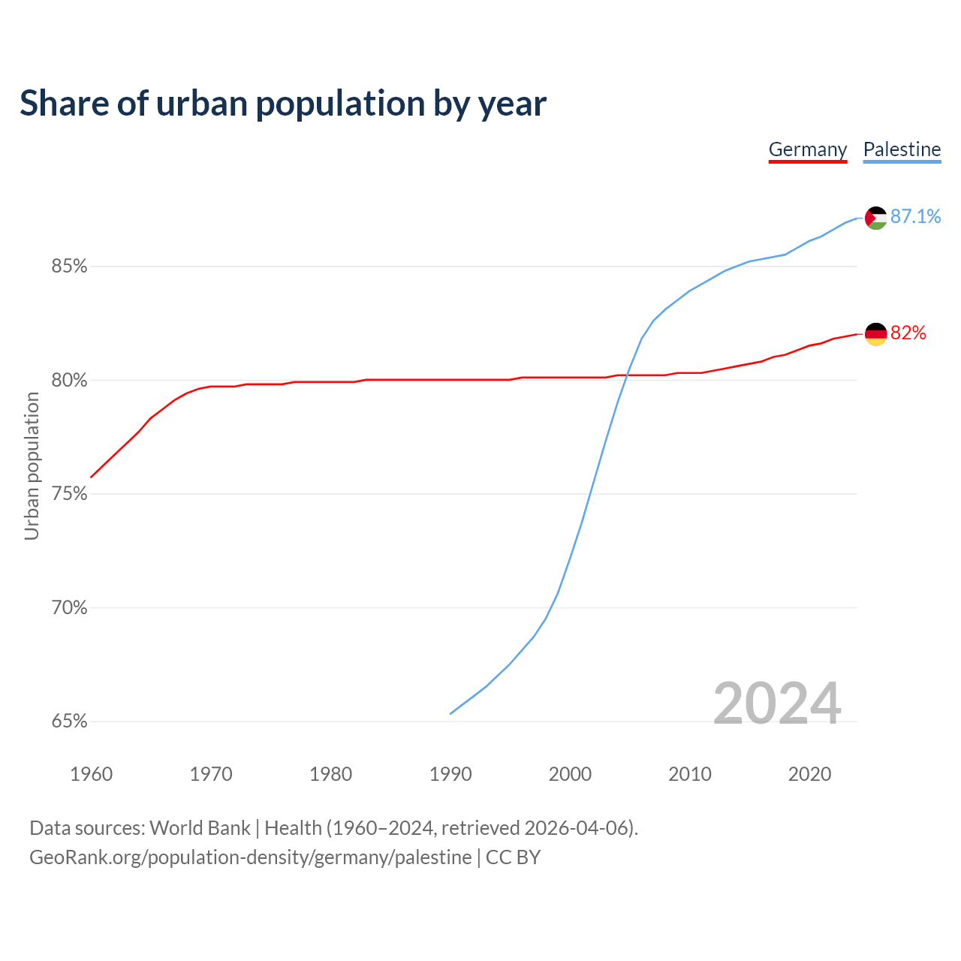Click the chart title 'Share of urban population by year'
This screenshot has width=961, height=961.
(x=283, y=104)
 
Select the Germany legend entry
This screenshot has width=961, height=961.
(x=808, y=149)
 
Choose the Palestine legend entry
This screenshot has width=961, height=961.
(x=902, y=149)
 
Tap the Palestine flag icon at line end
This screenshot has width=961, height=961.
(x=876, y=218)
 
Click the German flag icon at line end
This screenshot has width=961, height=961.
(x=876, y=333)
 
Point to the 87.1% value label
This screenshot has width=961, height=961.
(x=915, y=217)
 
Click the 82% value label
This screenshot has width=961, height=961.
(x=908, y=333)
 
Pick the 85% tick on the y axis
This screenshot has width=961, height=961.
(x=70, y=267)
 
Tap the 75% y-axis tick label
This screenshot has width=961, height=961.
(x=70, y=494)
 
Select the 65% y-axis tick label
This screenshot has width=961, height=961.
(x=70, y=722)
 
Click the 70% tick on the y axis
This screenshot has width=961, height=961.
(x=70, y=608)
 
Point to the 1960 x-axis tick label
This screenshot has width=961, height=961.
(x=91, y=774)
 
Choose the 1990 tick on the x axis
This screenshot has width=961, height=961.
(x=450, y=774)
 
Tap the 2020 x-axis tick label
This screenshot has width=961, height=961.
(x=809, y=774)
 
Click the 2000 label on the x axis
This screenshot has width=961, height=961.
(x=570, y=774)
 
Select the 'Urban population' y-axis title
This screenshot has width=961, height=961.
(x=32, y=465)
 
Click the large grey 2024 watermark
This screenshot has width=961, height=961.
(x=776, y=703)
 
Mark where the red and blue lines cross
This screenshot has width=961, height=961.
(x=625, y=375)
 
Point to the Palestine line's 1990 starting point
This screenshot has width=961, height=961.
(x=450, y=713)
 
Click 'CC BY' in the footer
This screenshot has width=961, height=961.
(x=513, y=857)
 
